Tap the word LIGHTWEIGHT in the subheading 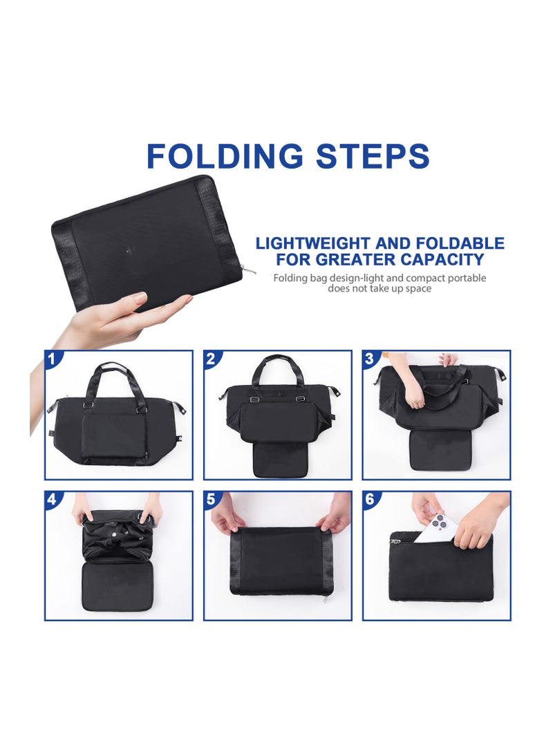[314, 243]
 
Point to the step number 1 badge [51, 358]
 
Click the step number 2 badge [210, 358]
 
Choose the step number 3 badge [369, 358]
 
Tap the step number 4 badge [51, 499]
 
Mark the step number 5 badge [210, 499]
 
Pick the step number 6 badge [369, 499]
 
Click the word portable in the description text [462, 278]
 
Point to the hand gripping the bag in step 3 [415, 394]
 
